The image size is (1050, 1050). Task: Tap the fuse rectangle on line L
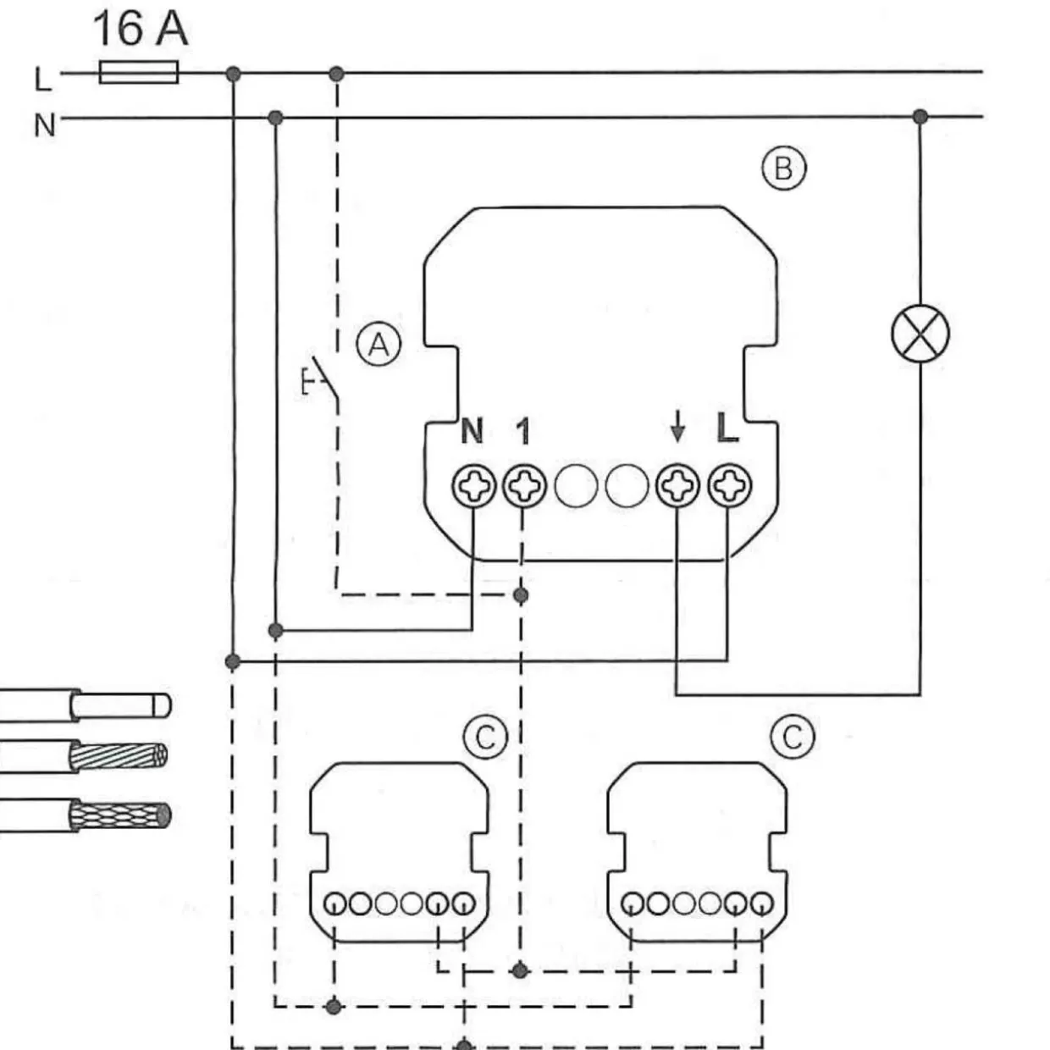click(x=138, y=72)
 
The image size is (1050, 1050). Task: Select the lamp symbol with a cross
click(x=920, y=334)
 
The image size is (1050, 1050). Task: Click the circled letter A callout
click(x=379, y=345)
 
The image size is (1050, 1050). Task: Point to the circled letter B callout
click(x=783, y=169)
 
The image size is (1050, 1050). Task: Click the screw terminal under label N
click(x=473, y=485)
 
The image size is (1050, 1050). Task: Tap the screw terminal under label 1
click(x=523, y=485)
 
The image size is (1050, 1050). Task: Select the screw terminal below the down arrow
click(x=677, y=485)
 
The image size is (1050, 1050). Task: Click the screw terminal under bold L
click(x=730, y=485)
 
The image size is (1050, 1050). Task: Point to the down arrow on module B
click(x=677, y=427)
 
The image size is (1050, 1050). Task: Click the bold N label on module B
click(x=472, y=431)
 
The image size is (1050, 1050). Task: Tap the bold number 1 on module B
click(x=522, y=431)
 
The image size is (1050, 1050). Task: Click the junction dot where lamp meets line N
click(x=920, y=117)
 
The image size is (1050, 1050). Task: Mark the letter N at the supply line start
click(x=45, y=126)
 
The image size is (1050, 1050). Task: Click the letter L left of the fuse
click(x=43, y=80)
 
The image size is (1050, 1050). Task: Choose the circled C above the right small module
click(x=793, y=737)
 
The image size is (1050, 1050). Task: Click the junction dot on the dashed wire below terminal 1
click(x=521, y=595)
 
